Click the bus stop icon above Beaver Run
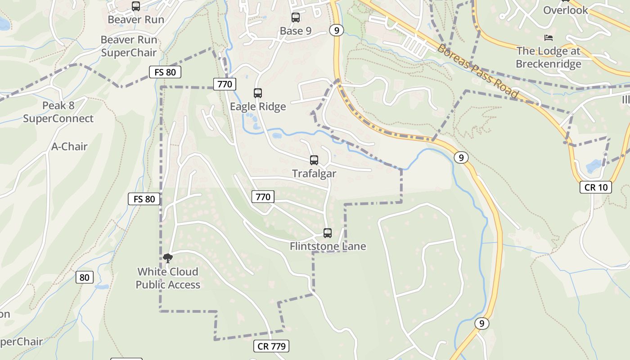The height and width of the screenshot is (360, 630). [135, 6]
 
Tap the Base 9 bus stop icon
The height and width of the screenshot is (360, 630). [295, 18]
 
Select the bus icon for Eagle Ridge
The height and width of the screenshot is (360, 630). [257, 93]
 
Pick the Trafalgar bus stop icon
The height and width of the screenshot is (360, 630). [314, 160]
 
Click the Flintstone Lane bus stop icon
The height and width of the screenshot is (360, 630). [328, 233]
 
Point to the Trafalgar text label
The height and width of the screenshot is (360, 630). [314, 174]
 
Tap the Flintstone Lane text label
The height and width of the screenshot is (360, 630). [328, 247]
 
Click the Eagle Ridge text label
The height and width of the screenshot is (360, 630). [258, 107]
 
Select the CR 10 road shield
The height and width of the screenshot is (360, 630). [595, 187]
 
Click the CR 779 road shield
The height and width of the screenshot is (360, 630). [271, 346]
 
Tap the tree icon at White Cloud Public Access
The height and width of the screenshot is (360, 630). [168, 258]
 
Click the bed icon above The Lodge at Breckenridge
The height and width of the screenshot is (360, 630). [548, 37]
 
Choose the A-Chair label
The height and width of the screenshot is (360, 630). [69, 147]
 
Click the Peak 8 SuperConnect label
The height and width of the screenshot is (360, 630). [58, 112]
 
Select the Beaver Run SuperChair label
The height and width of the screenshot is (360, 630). [129, 46]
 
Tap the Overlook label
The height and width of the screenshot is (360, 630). [565, 10]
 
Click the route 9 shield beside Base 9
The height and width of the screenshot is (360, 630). [336, 30]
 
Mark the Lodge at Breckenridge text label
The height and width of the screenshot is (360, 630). [548, 58]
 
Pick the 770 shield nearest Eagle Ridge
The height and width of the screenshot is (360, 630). [225, 84]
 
